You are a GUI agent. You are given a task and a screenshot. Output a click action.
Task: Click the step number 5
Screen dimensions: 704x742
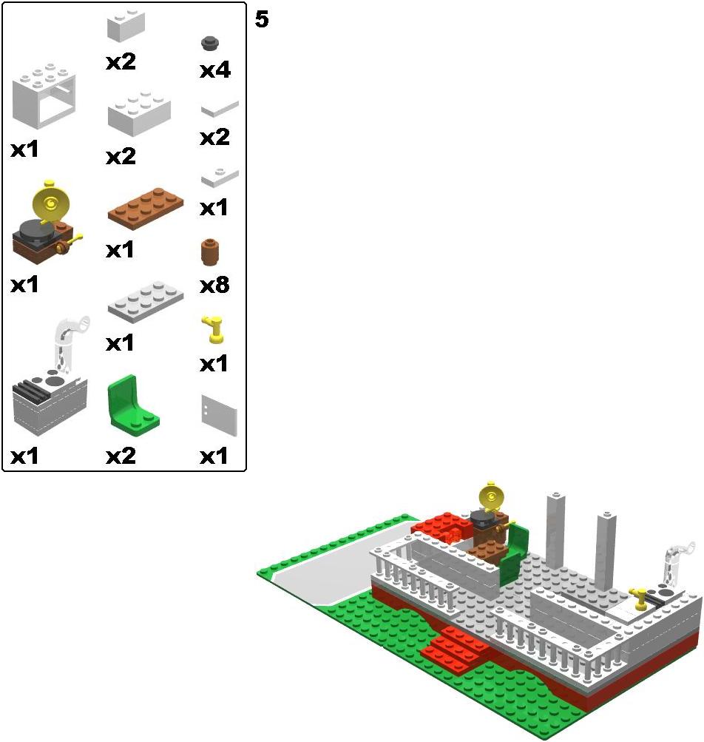tap(262, 19)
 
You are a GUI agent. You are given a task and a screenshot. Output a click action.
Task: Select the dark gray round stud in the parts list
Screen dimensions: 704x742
tap(209, 43)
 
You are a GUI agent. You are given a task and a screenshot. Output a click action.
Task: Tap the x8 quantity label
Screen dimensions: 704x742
tap(214, 286)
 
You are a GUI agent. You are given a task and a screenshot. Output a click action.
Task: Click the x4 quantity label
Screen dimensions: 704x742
tap(214, 70)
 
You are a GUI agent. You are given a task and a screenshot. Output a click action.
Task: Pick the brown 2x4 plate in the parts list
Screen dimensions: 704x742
tap(146, 209)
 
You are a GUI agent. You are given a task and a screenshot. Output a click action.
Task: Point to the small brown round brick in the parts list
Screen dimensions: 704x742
tap(209, 252)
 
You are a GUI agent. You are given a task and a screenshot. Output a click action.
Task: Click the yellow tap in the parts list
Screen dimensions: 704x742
tap(214, 329)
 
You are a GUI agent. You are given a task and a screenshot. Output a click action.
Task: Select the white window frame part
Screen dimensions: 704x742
tap(44, 96)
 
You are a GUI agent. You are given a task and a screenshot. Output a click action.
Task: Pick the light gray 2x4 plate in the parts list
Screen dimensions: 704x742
tap(146, 303)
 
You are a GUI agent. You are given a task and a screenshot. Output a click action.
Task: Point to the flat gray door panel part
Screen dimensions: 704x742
tap(219, 416)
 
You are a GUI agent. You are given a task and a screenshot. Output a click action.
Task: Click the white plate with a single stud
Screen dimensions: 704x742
tap(220, 178)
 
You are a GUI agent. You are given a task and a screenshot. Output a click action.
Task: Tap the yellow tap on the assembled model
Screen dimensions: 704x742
tap(638, 598)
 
